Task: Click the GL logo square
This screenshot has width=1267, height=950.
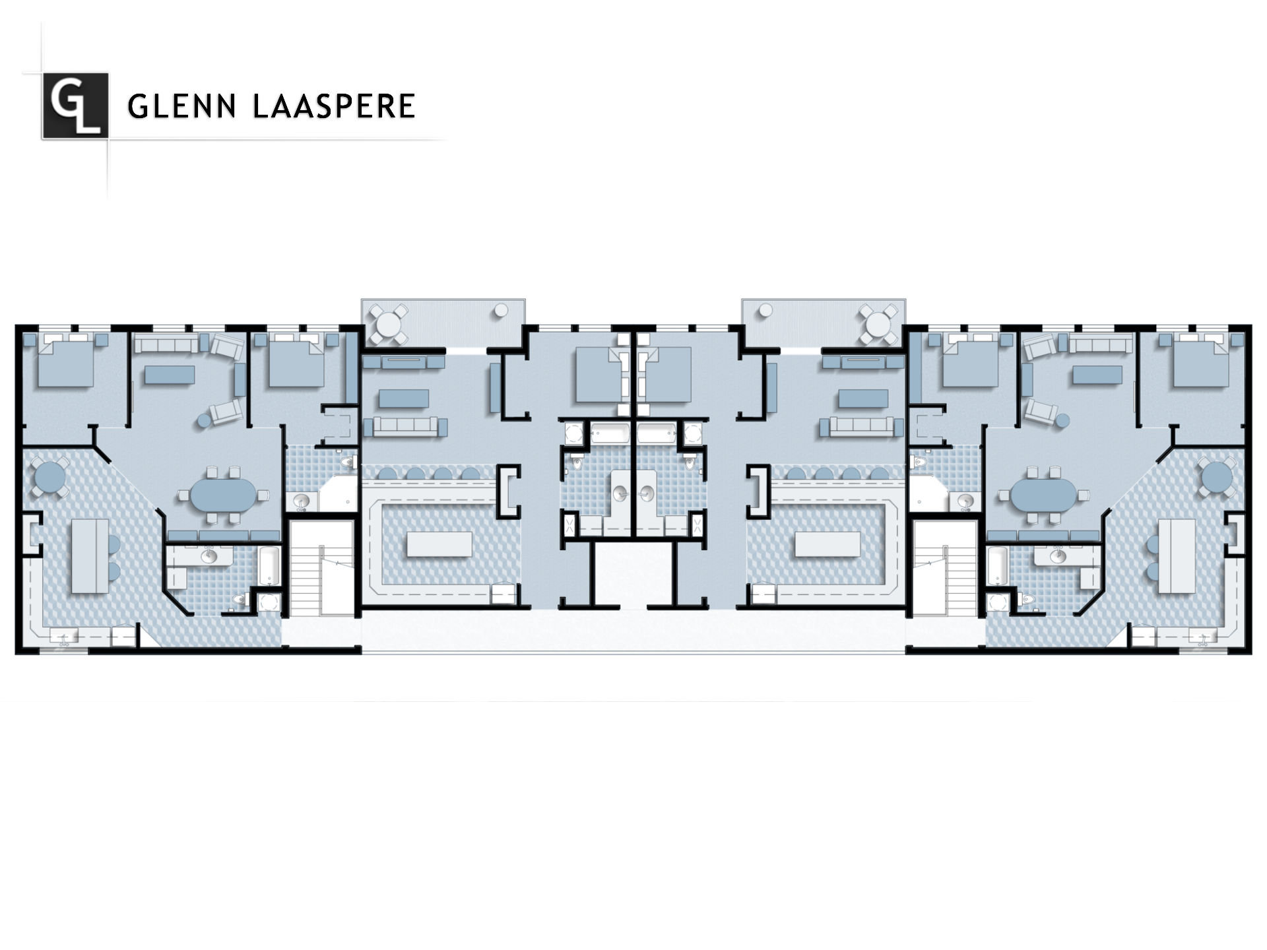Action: point(75,106)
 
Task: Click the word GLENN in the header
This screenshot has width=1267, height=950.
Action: point(181,106)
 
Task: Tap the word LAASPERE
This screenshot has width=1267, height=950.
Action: point(334,106)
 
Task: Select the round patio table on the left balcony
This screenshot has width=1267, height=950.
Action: point(389,324)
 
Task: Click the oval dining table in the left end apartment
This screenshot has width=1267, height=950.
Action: point(224,495)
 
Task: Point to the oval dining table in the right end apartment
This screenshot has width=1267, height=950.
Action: point(1043,495)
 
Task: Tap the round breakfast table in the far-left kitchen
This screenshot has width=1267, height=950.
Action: point(49,475)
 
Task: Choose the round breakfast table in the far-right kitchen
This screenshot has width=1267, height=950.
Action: point(1218,475)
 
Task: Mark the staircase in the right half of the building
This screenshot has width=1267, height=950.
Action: point(944,569)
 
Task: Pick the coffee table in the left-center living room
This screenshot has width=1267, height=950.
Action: point(404,398)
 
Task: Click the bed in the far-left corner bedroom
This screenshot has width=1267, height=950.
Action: point(66,362)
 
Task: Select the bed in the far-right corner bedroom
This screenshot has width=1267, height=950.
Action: point(1201,362)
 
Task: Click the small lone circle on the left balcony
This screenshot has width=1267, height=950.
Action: point(502,309)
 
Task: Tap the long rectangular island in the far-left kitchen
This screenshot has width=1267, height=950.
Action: point(90,556)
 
